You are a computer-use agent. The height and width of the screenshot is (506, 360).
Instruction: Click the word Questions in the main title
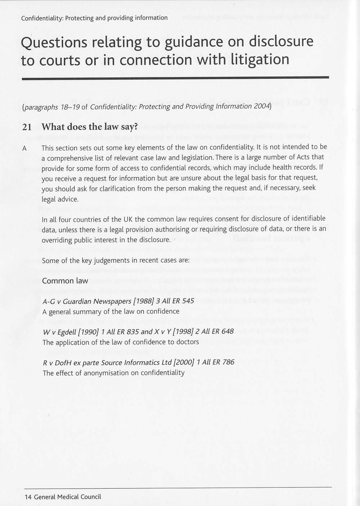[x=54, y=43]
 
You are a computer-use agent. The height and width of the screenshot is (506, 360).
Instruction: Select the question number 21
[x=27, y=127]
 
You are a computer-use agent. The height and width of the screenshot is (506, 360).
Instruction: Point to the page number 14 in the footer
[x=28, y=497]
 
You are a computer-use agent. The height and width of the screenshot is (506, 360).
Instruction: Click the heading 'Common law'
[x=65, y=281]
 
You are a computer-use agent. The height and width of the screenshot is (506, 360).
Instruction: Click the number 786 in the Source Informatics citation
[x=228, y=362]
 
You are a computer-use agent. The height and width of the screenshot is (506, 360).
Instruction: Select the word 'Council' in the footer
[x=91, y=497]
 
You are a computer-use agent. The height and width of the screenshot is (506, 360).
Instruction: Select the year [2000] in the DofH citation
[x=184, y=362]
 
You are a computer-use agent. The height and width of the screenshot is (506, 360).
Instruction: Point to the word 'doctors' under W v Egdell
[x=188, y=342]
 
